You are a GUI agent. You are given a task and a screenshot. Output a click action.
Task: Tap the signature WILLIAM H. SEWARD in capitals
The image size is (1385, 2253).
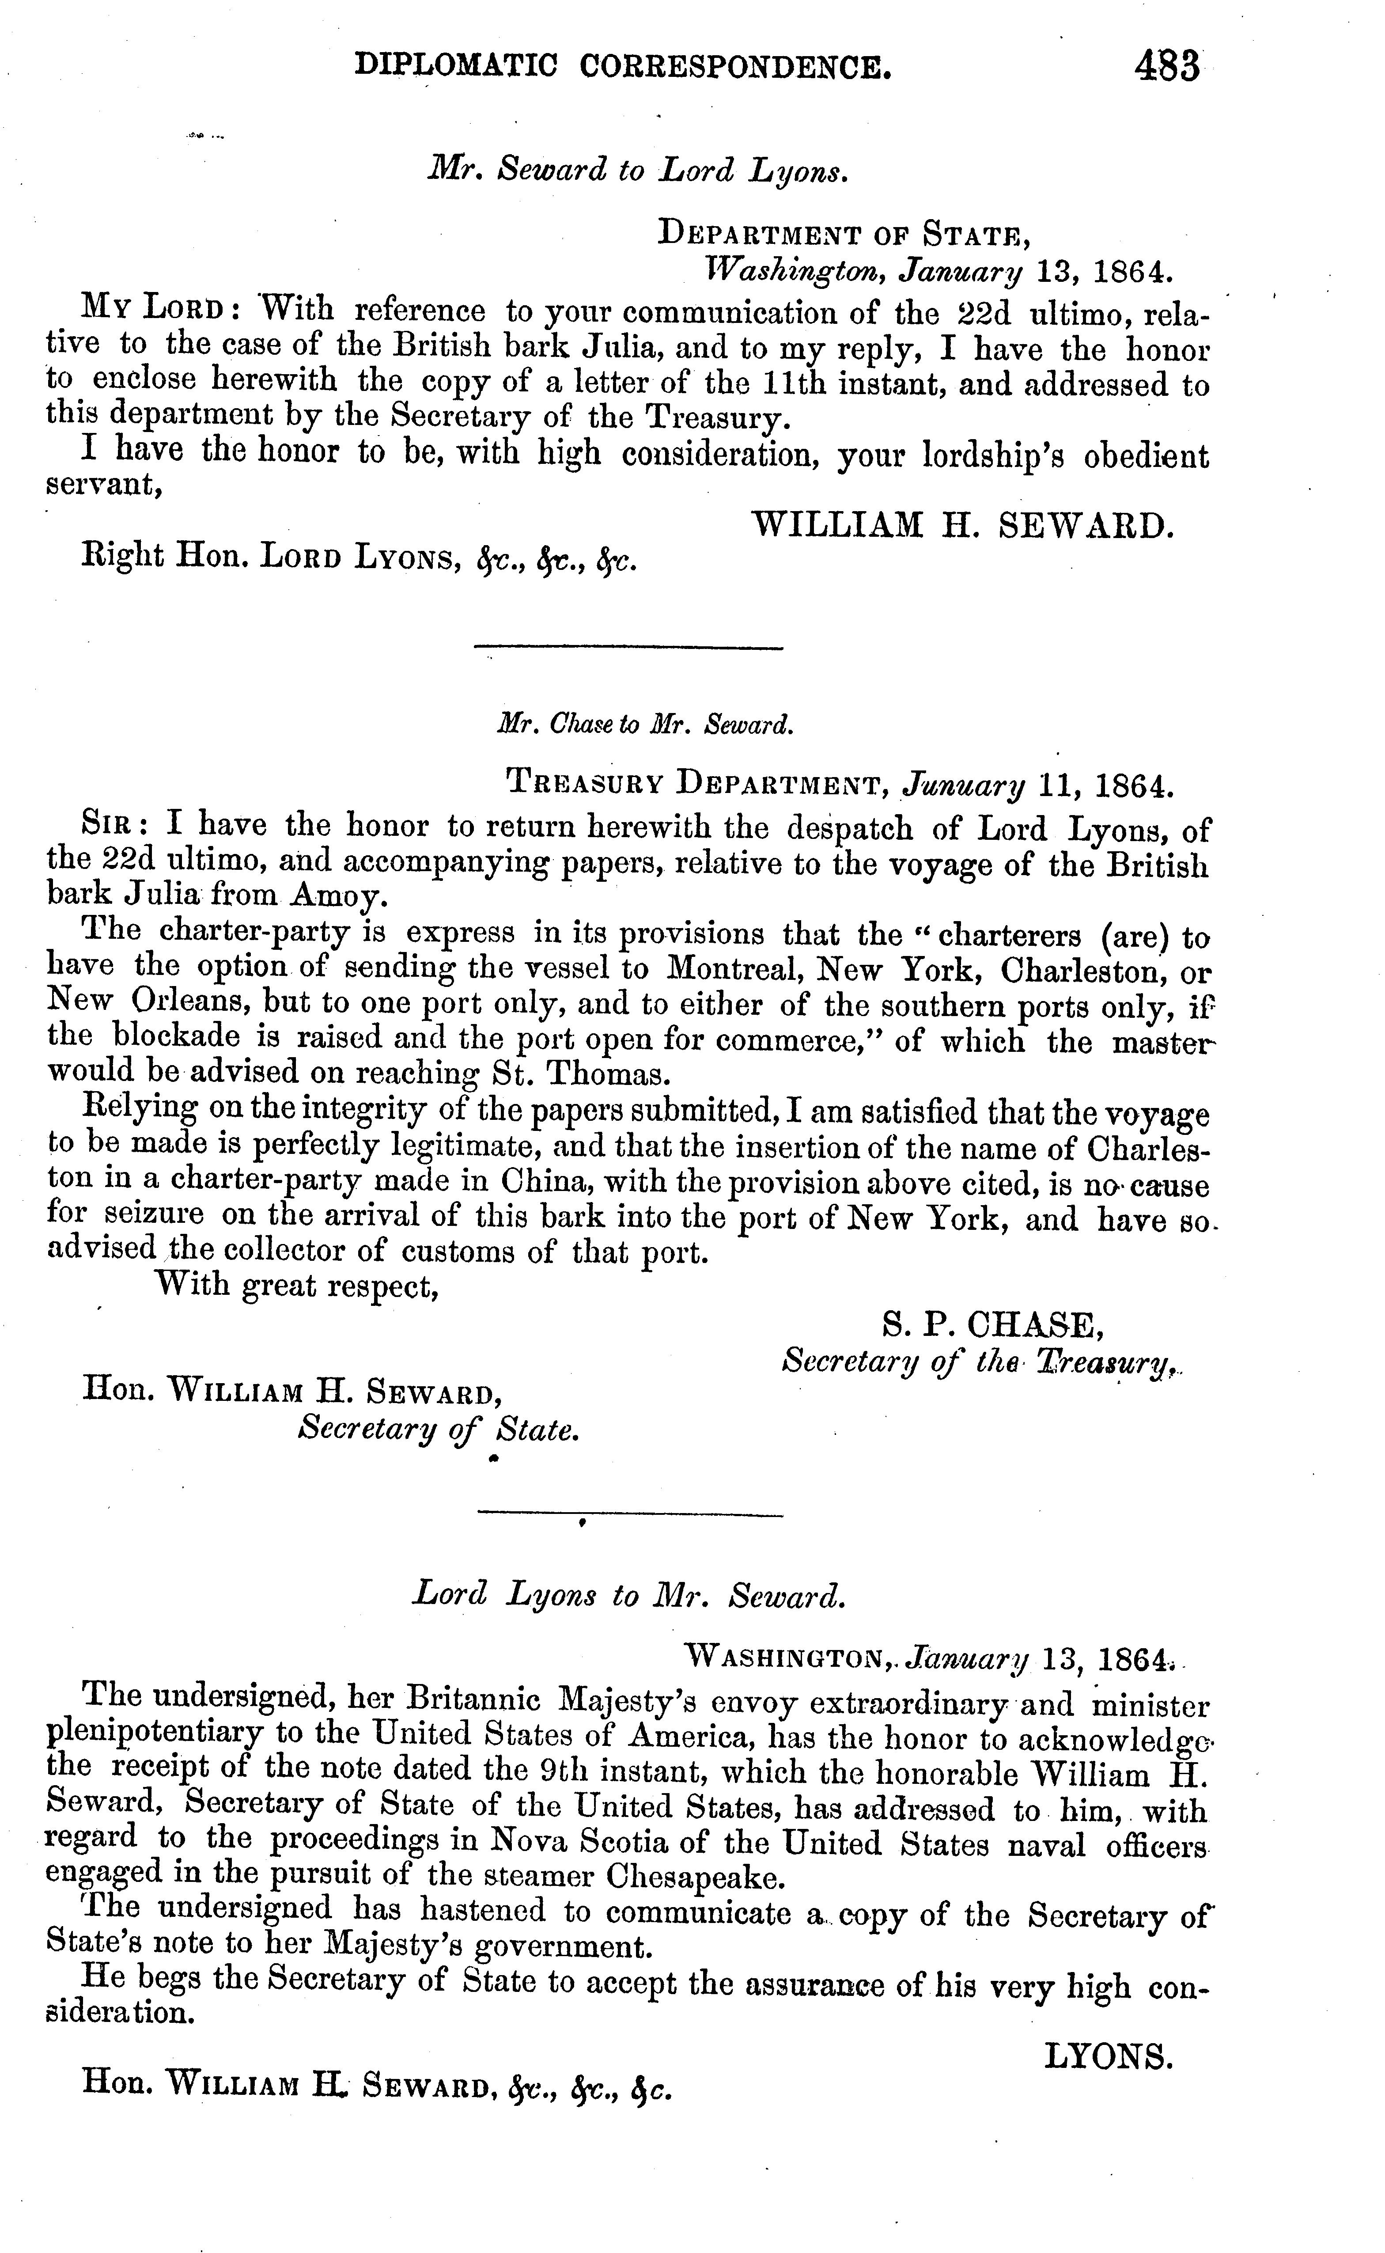962,525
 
